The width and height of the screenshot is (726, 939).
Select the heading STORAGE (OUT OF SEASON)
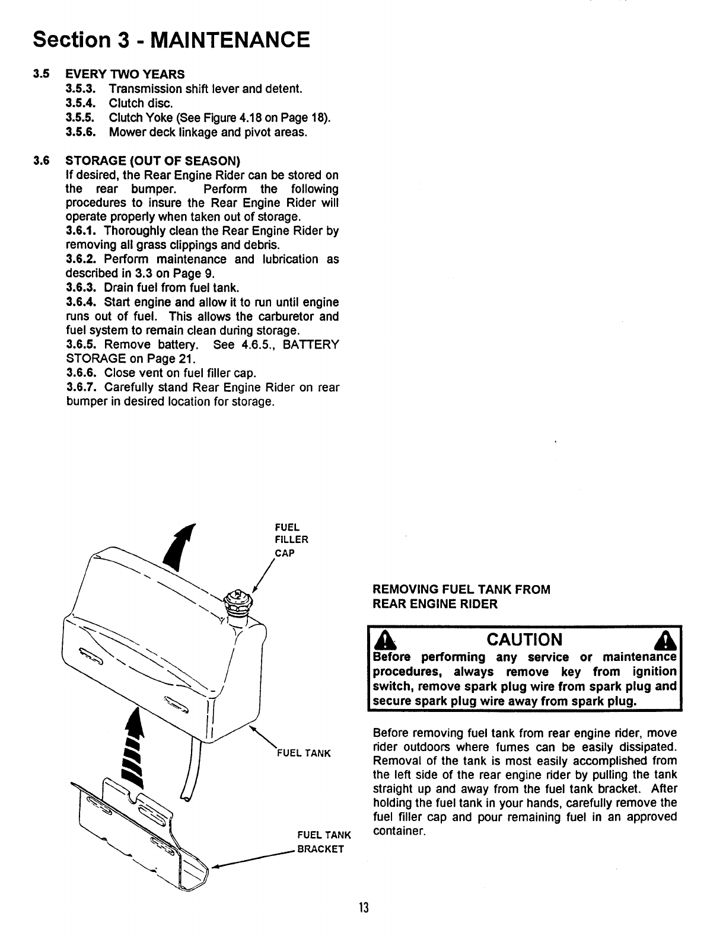(x=153, y=161)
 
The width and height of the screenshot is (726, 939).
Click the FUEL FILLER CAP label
(x=291, y=539)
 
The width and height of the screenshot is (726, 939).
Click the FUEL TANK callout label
(x=304, y=754)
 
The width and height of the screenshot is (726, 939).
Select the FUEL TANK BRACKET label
(x=323, y=842)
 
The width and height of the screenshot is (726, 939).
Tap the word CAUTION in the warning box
(x=524, y=640)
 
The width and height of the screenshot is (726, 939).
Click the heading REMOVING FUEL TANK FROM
(x=461, y=590)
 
